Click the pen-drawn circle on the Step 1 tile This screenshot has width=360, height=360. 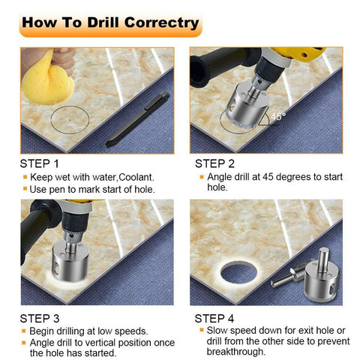[68, 119]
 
